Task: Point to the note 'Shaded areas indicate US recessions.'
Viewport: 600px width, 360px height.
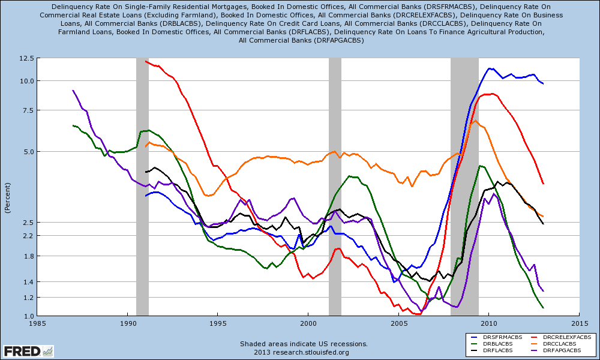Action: click(x=299, y=344)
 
